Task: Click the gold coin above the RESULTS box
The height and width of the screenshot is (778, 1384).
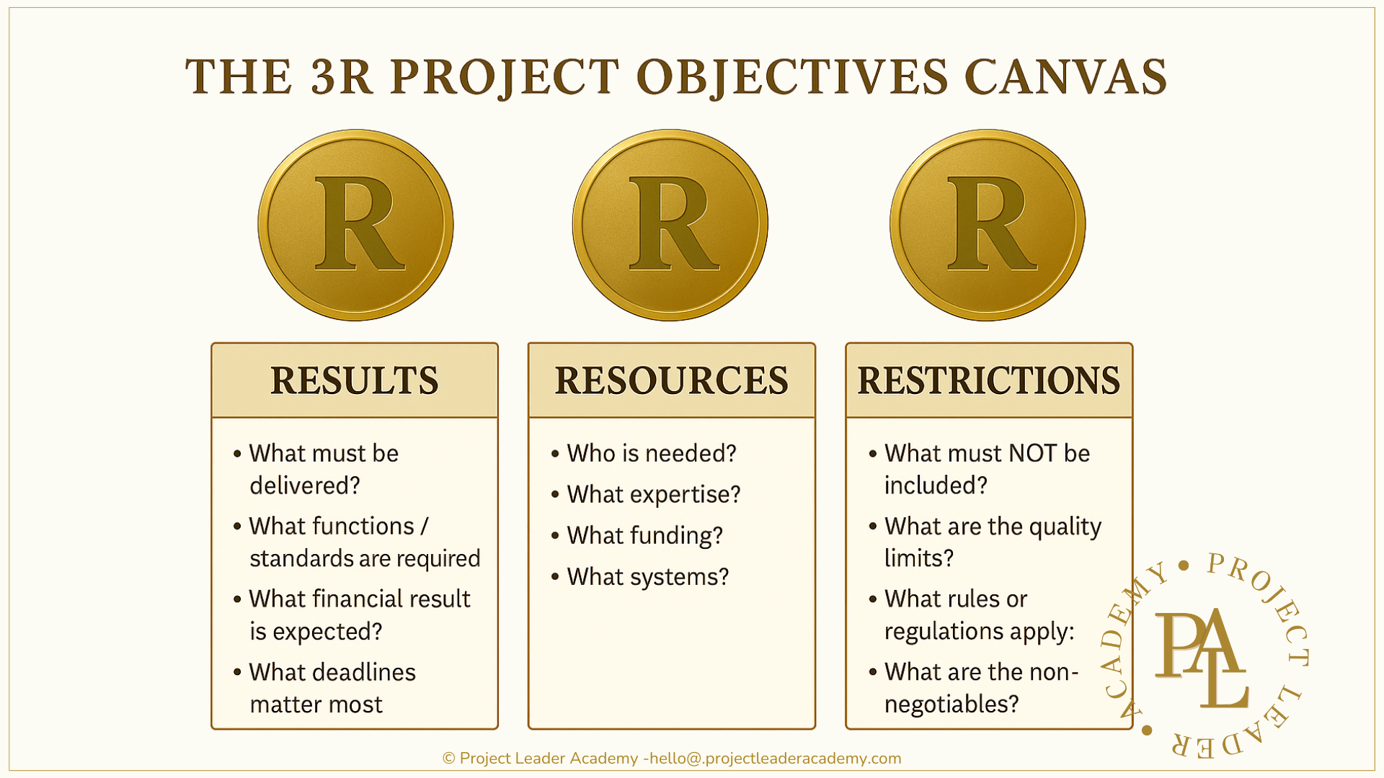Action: click(x=355, y=225)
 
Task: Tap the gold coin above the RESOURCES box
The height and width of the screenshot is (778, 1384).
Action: click(x=670, y=225)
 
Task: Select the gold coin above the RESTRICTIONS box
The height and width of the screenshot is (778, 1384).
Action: click(x=988, y=225)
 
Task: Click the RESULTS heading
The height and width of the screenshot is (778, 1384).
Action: click(x=354, y=380)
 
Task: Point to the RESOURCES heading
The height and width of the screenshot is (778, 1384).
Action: click(x=671, y=380)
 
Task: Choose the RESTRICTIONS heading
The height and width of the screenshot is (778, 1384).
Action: click(x=988, y=380)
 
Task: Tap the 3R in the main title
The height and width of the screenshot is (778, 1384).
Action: click(x=342, y=76)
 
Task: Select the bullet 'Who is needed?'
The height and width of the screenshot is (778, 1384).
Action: click(x=651, y=453)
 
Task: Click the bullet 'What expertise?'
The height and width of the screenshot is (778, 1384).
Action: click(x=653, y=494)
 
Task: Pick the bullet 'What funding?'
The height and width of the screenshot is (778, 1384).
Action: click(x=644, y=535)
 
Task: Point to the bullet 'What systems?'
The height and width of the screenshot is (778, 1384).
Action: click(x=647, y=576)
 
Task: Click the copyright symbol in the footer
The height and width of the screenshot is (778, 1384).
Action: click(x=448, y=759)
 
